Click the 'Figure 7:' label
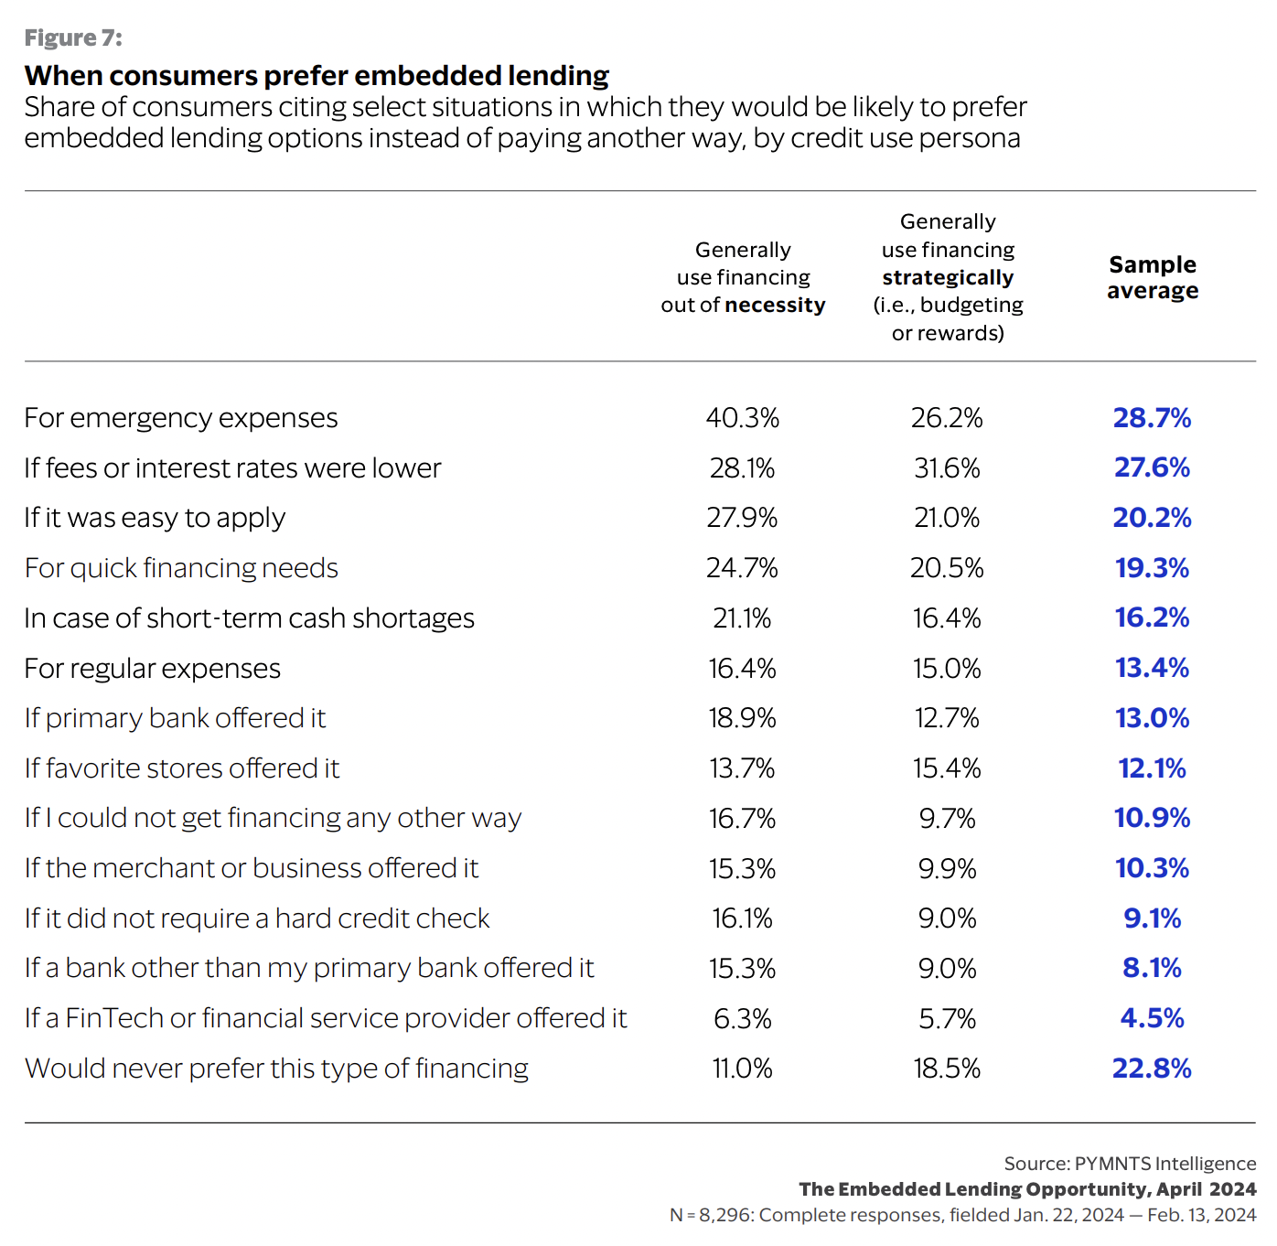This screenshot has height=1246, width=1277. [x=73, y=38]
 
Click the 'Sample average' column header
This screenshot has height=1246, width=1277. [x=1152, y=277]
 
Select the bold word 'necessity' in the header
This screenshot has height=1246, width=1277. [x=775, y=305]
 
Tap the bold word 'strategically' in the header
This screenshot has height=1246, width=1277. [x=948, y=277]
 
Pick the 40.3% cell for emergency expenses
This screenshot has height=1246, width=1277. [x=742, y=418]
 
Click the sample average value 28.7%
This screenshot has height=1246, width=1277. [x=1152, y=418]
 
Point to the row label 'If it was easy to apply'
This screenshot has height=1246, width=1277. [x=155, y=518]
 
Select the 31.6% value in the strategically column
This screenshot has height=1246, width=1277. [x=947, y=468]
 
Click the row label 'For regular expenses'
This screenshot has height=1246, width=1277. [x=152, y=669]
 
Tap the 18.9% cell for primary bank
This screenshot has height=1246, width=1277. [x=742, y=718]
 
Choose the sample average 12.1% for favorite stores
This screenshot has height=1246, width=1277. [x=1152, y=768]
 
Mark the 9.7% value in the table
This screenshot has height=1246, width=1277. [x=947, y=818]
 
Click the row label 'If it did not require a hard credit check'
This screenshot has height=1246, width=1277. [x=257, y=918]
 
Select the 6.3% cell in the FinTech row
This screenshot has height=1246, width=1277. [x=742, y=1018]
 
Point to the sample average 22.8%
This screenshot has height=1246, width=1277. [x=1152, y=1069]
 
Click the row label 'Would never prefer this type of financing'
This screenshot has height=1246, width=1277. [x=276, y=1069]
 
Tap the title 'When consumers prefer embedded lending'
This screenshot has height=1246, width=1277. [x=317, y=75]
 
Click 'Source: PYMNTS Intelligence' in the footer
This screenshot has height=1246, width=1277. [x=1130, y=1164]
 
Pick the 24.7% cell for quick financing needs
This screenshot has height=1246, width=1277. [x=742, y=568]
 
